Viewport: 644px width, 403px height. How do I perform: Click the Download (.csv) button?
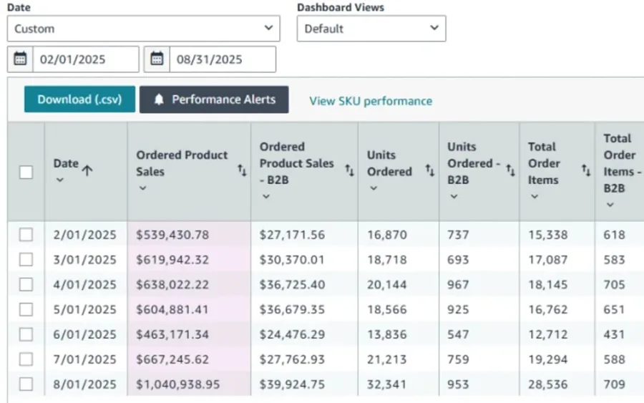79,99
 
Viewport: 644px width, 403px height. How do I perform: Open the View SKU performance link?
371,101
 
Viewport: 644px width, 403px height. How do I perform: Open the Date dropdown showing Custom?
143,29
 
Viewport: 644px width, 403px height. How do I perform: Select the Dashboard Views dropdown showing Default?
371,29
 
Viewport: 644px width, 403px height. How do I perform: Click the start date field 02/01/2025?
85,59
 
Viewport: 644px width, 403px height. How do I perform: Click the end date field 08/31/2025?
223,59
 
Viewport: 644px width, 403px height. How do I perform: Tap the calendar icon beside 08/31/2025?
157,59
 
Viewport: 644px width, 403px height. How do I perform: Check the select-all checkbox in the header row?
26,172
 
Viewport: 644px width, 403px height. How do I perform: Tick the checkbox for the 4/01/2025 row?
26,284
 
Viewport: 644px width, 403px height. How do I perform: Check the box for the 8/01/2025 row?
26,384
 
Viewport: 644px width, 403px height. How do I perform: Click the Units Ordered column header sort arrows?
429,170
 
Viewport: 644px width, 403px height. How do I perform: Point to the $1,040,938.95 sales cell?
178,384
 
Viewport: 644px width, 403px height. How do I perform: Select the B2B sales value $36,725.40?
292,285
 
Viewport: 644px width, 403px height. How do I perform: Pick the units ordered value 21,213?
387,359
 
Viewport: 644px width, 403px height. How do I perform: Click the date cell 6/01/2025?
84,334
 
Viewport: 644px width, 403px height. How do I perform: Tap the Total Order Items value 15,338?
548,235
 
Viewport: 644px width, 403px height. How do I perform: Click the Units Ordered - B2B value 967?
458,285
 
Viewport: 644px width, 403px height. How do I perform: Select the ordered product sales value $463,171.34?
172,334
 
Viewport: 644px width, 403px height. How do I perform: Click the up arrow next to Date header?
87,170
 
